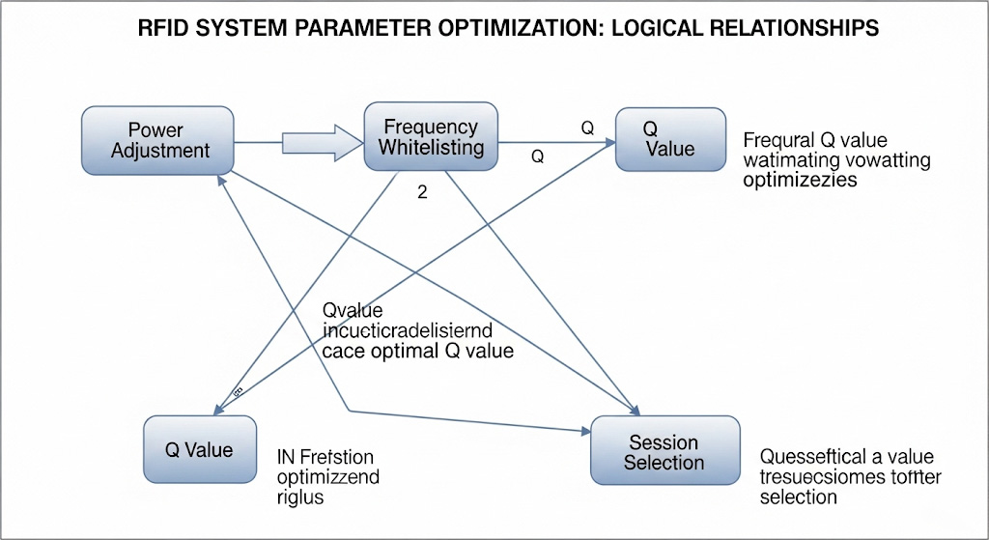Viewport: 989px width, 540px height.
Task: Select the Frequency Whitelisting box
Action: [x=431, y=137]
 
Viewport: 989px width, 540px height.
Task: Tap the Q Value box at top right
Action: [x=670, y=138]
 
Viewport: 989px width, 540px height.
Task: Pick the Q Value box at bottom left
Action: [x=199, y=450]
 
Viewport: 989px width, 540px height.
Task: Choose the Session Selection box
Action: [x=664, y=452]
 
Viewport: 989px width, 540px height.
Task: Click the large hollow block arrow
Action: [x=318, y=142]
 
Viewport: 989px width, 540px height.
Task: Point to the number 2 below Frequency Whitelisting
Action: [x=421, y=192]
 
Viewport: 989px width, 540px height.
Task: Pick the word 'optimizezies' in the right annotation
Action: [x=801, y=181]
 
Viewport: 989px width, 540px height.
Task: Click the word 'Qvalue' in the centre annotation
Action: [x=352, y=310]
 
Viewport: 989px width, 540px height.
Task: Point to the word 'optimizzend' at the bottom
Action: [x=327, y=477]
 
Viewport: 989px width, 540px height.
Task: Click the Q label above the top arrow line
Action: [x=586, y=127]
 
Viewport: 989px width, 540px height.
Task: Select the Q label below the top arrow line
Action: [x=538, y=155]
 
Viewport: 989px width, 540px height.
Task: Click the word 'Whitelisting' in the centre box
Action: [x=431, y=148]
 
